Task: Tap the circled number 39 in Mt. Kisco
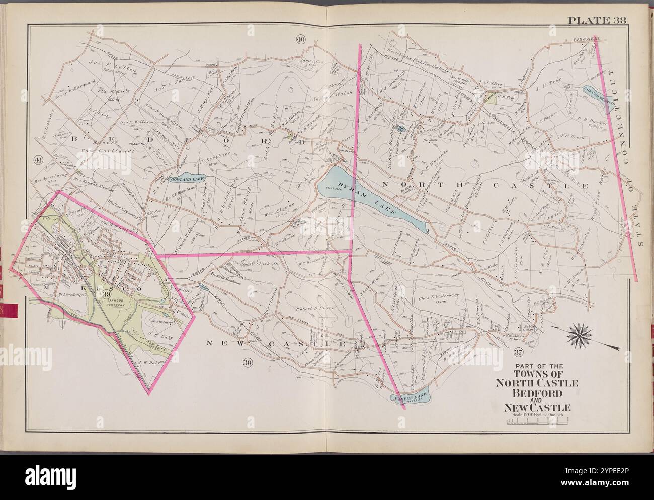(106, 294)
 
